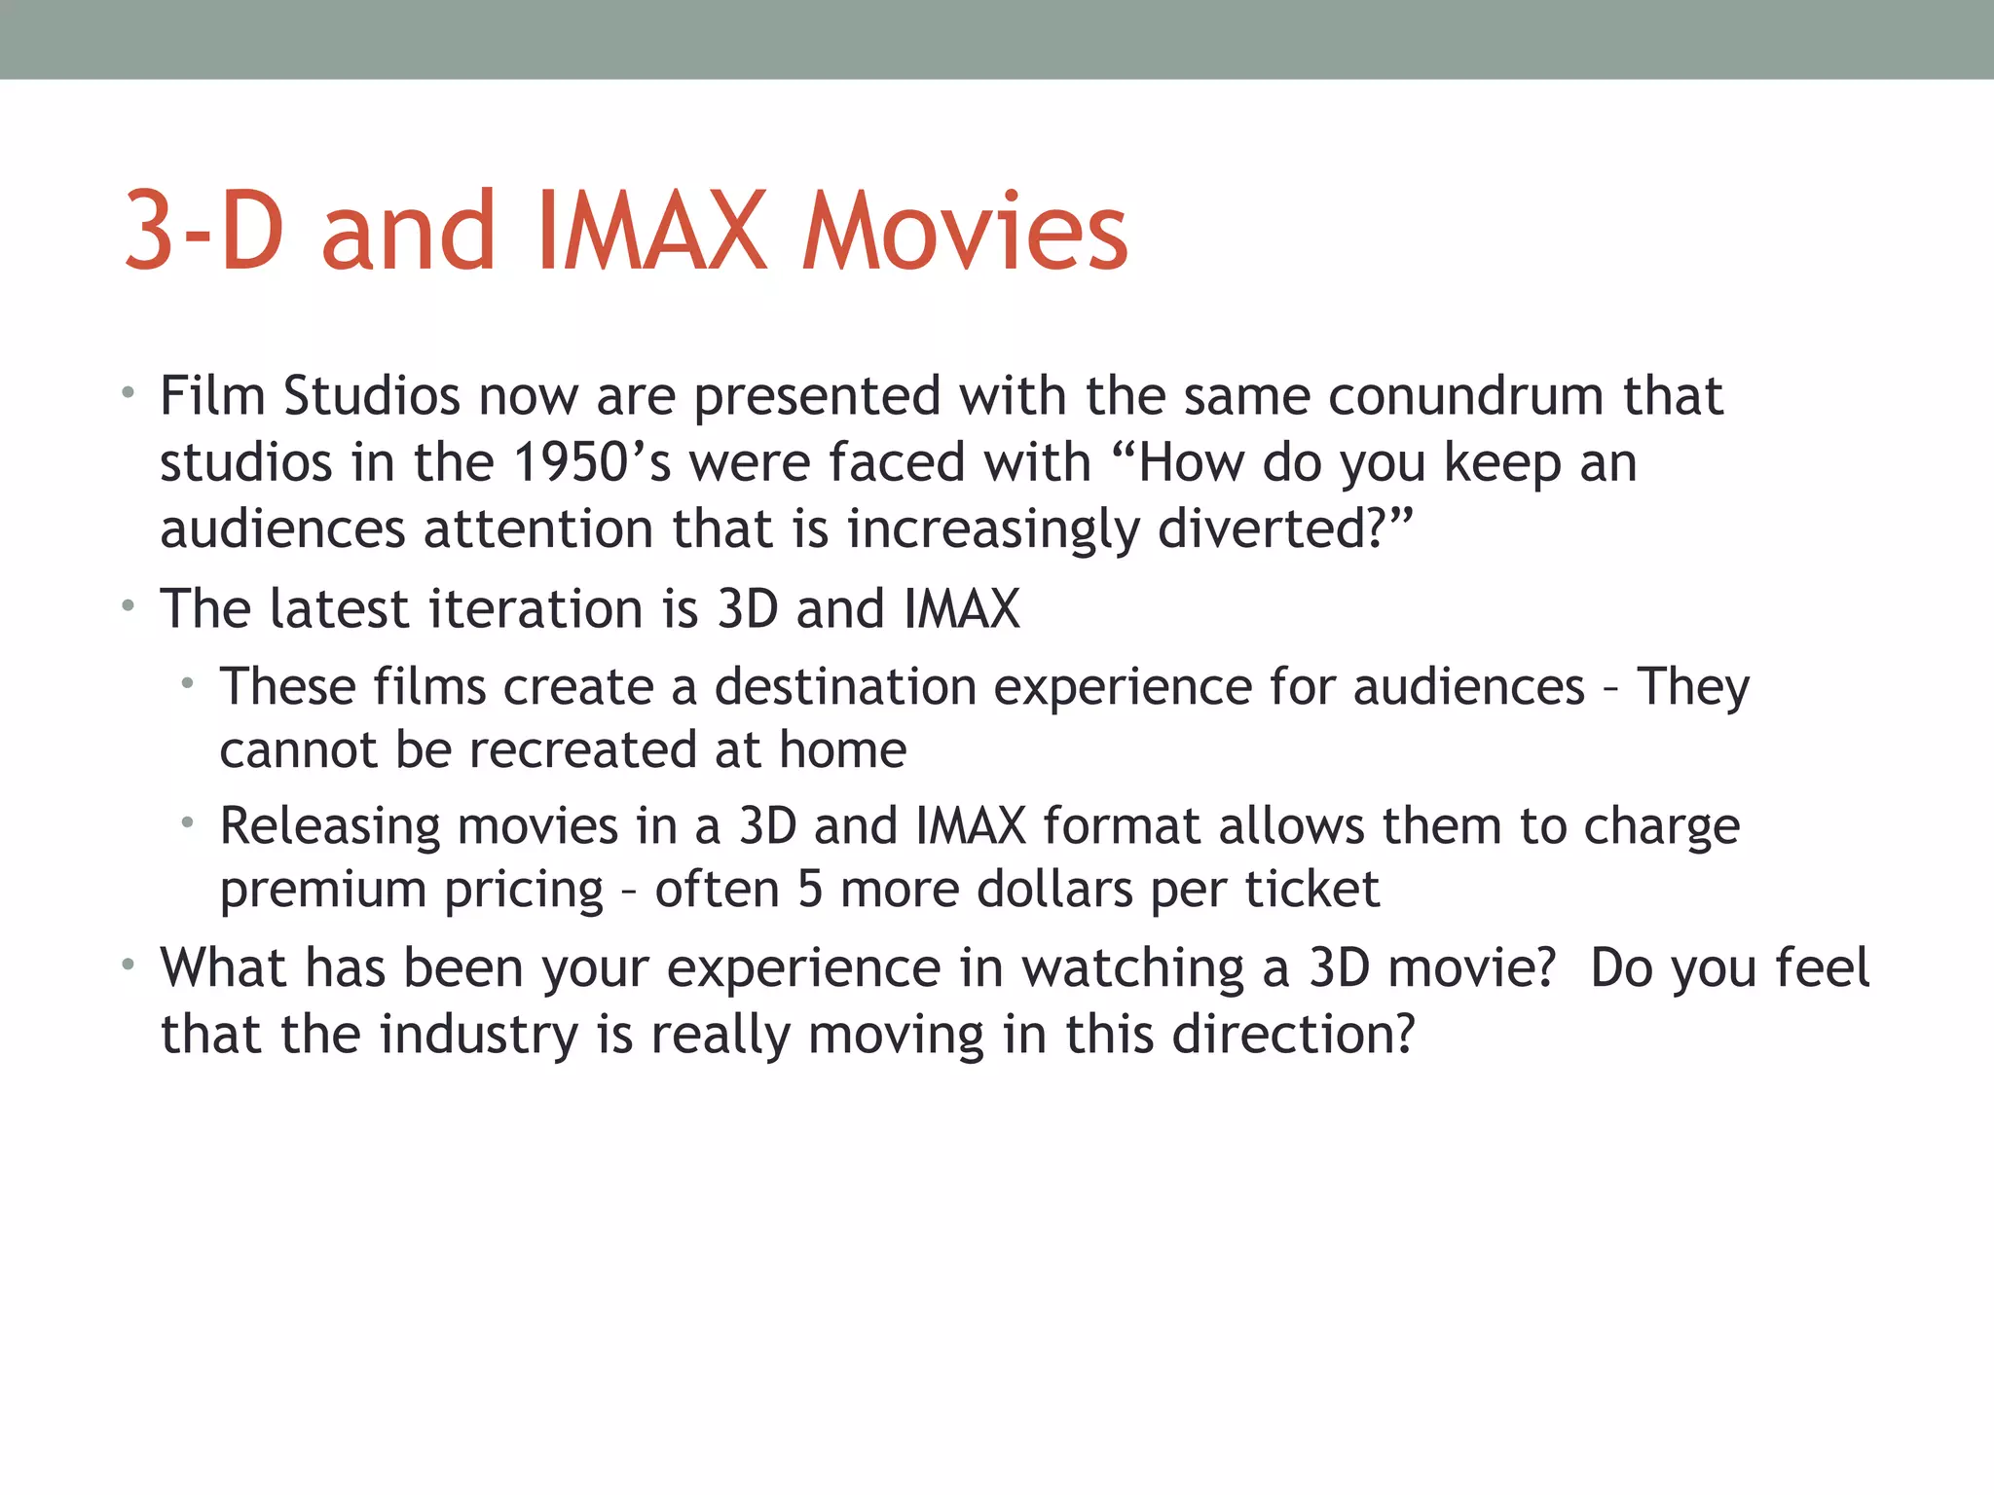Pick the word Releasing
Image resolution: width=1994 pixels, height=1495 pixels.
click(330, 826)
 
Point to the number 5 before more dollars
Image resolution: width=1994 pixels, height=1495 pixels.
click(810, 890)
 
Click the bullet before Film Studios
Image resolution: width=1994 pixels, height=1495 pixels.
click(128, 394)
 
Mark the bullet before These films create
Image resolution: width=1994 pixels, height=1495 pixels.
click(187, 684)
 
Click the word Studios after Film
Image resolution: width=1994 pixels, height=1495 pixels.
click(371, 396)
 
